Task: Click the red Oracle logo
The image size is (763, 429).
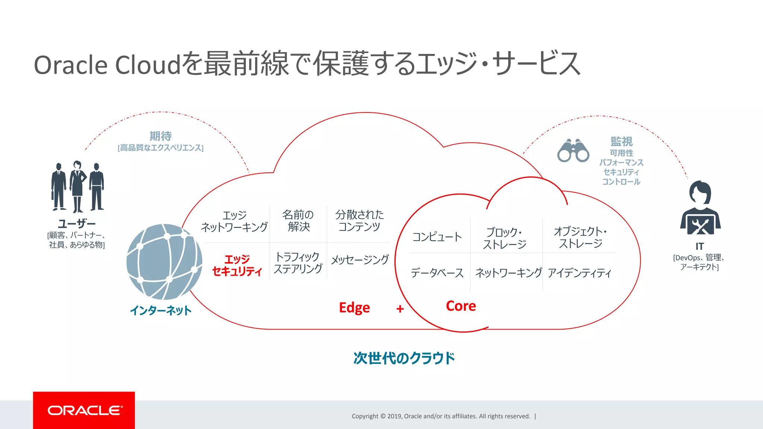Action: click(84, 410)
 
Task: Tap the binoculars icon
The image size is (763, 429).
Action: click(573, 151)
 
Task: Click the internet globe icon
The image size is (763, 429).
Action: click(164, 261)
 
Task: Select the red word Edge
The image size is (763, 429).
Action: click(354, 308)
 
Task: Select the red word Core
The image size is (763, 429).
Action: click(461, 306)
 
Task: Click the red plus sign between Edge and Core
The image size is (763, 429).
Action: click(400, 309)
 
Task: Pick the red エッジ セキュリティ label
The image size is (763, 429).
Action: click(237, 265)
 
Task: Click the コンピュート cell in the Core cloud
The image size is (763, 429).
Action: click(437, 237)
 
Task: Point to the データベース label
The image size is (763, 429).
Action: click(437, 273)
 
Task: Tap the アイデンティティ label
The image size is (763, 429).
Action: click(579, 273)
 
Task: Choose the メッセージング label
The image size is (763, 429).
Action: click(360, 260)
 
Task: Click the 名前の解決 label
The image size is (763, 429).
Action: click(298, 220)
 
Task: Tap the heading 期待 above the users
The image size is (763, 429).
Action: click(161, 136)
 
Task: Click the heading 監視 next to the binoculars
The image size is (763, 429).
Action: click(621, 142)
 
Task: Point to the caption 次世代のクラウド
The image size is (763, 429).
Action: click(404, 358)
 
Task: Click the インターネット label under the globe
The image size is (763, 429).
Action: click(161, 311)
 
